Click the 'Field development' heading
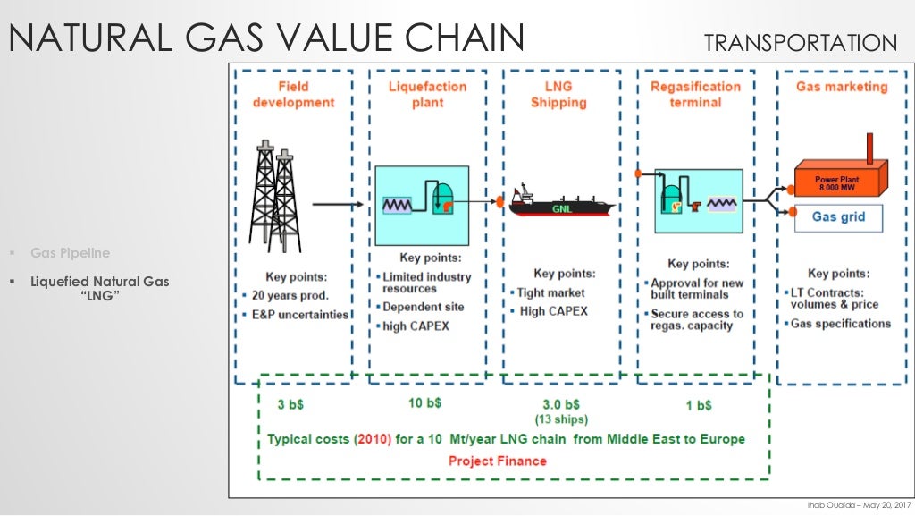(x=292, y=94)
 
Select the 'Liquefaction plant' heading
(x=427, y=94)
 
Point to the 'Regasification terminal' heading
(x=695, y=94)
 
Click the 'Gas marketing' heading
(x=841, y=87)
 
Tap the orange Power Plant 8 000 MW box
(x=840, y=181)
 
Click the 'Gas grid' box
(x=838, y=216)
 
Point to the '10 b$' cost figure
(x=425, y=403)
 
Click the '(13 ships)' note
(x=560, y=419)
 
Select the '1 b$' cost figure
(x=699, y=405)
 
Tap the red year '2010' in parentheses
(x=373, y=439)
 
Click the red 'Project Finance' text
(x=497, y=461)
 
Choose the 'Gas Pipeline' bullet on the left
(x=70, y=253)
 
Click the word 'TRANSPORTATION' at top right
(x=800, y=42)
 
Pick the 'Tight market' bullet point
(x=551, y=292)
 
